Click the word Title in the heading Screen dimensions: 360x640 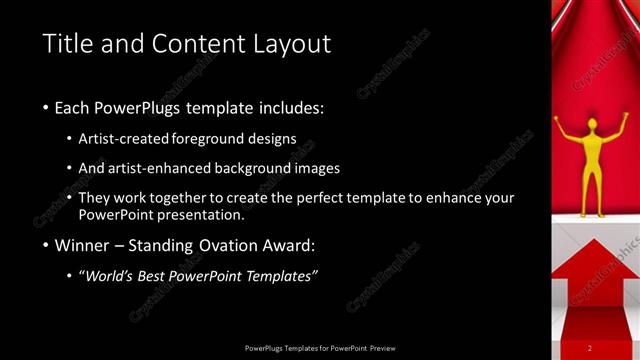pyautogui.click(x=68, y=44)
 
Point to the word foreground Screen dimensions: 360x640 pyautogui.click(x=209, y=140)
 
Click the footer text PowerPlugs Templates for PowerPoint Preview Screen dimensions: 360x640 pyautogui.click(x=320, y=347)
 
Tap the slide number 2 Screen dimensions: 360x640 pyautogui.click(x=590, y=347)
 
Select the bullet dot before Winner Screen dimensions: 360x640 pyautogui.click(x=46, y=245)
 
